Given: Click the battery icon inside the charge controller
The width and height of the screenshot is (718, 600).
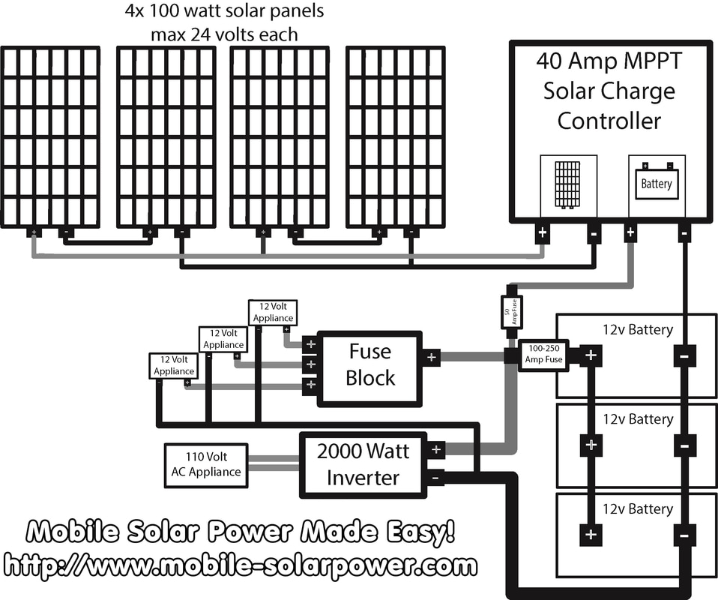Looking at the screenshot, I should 657,183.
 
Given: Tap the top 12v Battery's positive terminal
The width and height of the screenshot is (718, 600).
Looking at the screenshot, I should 591,355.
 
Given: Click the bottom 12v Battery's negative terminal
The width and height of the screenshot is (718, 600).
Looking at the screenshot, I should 684,535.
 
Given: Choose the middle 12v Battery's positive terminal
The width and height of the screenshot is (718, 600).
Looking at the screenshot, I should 591,445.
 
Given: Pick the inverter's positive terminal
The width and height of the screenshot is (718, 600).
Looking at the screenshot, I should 435,450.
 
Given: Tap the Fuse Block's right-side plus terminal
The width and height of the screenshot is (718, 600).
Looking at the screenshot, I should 431,358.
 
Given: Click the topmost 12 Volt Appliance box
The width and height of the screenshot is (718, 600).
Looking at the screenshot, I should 273,313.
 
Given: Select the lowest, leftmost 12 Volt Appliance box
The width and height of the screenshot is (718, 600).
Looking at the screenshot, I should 174,366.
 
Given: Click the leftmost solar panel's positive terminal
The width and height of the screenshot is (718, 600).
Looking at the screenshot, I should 34,232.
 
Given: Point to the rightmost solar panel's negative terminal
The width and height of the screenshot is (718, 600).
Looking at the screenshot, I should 410,232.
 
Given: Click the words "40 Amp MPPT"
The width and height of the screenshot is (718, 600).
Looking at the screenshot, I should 609,61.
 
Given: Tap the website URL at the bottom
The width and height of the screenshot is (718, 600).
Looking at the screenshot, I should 240,565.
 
